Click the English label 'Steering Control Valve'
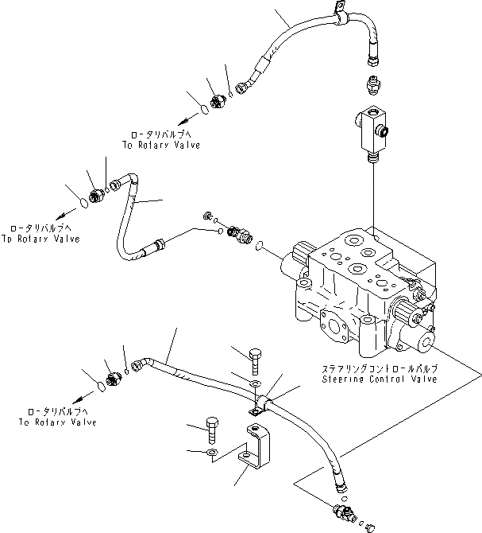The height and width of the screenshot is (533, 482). coord(380,379)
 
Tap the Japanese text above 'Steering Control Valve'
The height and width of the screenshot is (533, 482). coord(380,368)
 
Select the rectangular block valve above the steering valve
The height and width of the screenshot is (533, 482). coord(372,132)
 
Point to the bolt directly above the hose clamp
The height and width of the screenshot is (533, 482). coord(255,361)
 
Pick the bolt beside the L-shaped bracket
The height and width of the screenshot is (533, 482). coord(212,430)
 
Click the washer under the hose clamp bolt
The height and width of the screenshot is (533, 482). coord(255,383)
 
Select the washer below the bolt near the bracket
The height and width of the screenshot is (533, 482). coord(212,452)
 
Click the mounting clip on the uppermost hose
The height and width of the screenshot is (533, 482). coord(341,14)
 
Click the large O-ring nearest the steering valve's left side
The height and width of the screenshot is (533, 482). coord(260,245)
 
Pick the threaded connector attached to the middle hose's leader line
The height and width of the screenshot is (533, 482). coord(240,234)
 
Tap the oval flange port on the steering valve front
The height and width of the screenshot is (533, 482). coord(334,327)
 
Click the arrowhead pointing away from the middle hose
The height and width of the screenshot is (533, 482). coord(60,216)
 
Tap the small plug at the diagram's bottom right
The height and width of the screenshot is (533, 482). coord(369,527)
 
